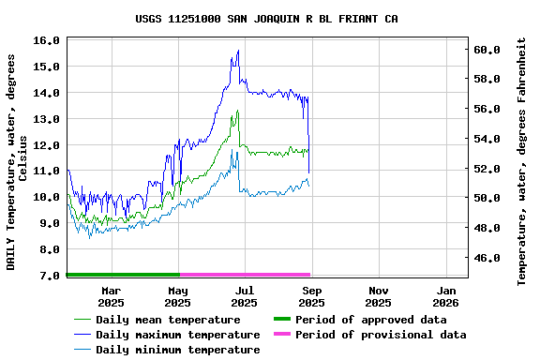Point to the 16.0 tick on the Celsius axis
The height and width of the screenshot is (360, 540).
46,40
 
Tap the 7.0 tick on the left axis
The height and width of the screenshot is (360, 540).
46,277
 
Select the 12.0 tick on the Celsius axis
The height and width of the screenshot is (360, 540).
46,145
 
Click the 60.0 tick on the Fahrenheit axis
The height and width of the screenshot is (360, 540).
487,49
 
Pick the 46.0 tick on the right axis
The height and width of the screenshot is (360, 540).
487,258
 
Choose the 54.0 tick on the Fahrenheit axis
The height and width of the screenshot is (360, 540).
487,139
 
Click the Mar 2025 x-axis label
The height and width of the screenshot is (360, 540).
111,296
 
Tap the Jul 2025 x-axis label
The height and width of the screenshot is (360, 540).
244,296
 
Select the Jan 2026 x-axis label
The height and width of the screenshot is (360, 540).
445,296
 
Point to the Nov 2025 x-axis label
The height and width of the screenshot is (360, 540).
378,296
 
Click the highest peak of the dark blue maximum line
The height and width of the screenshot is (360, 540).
238,51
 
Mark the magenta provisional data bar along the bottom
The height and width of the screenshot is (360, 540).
244,275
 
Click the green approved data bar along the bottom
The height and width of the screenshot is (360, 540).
122,275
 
